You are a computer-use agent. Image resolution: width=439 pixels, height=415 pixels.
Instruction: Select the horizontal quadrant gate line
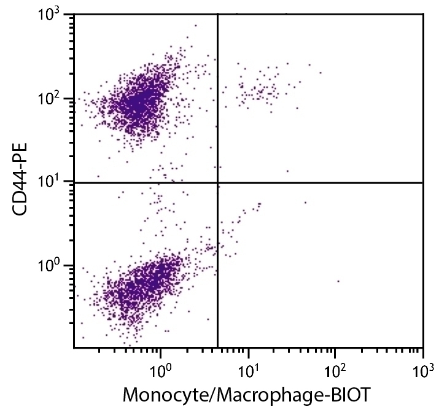coord(319,182)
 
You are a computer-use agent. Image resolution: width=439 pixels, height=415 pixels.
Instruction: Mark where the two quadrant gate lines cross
coord(218,182)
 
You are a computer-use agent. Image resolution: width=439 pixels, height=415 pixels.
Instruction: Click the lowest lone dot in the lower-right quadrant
coord(338,281)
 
